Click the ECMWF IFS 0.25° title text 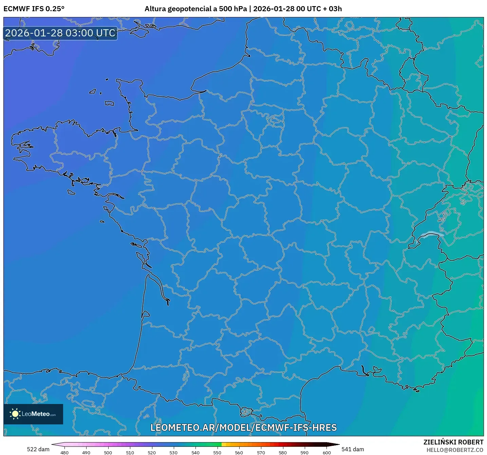34,9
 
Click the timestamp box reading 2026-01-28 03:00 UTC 60,33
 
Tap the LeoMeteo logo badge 33,414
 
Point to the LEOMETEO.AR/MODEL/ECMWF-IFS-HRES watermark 243,427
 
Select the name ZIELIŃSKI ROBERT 453,442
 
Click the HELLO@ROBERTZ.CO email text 454,450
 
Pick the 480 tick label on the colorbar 64,452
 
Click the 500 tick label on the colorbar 108,452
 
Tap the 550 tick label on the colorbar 217,452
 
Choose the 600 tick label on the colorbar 326,452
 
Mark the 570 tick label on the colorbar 261,452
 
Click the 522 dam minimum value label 38,449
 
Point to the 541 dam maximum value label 353,449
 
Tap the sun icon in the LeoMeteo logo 15,414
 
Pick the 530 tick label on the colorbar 173,452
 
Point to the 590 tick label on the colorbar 304,452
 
